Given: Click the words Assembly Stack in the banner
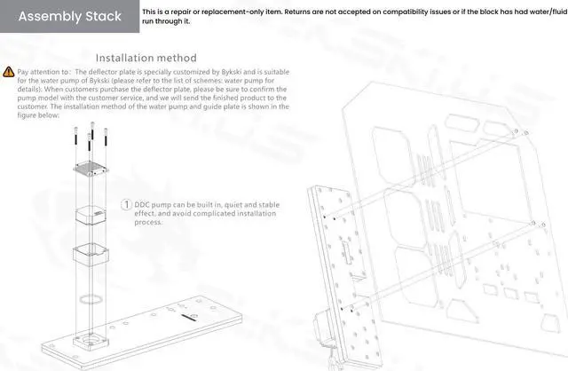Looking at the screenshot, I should tap(70, 16).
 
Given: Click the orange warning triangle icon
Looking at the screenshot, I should tap(8, 70).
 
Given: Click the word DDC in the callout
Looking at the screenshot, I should tap(143, 205).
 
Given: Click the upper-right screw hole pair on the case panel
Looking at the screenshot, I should tap(514, 133).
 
